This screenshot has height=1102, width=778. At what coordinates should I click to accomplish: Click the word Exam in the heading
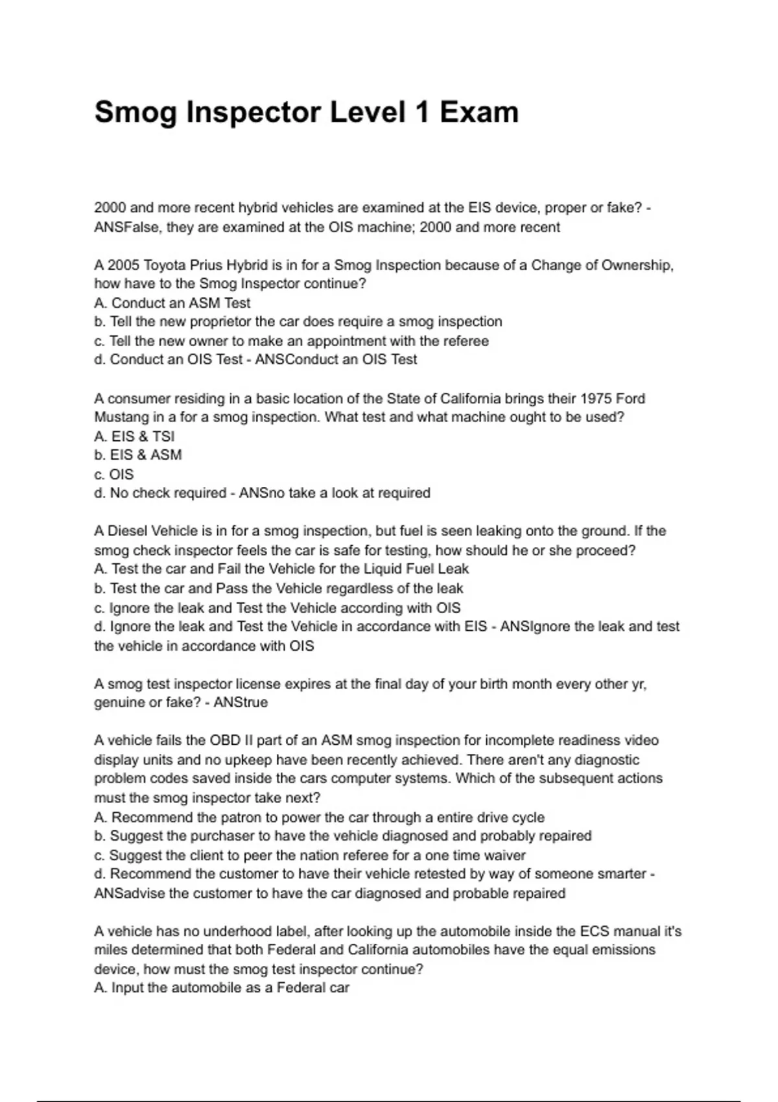[479, 112]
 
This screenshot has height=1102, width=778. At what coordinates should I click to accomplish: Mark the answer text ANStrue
[241, 703]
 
